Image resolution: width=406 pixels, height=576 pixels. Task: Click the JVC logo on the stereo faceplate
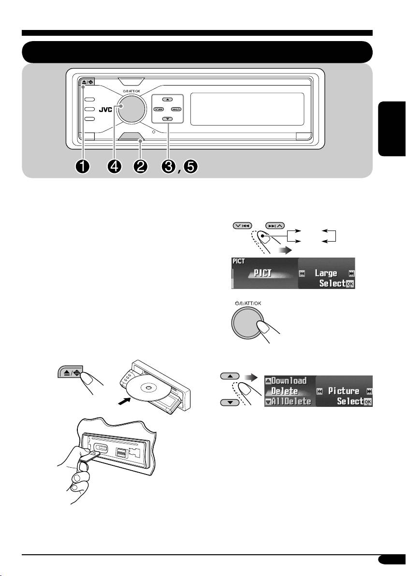pos(105,110)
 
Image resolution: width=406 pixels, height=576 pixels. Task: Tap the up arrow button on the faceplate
pos(168,100)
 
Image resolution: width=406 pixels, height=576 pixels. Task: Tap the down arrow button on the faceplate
pos(168,119)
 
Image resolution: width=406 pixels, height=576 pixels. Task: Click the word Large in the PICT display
pos(326,274)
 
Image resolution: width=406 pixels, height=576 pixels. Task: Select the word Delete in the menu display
pos(284,391)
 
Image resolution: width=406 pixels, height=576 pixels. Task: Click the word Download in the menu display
pos(289,381)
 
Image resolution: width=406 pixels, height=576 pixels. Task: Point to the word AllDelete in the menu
pos(291,402)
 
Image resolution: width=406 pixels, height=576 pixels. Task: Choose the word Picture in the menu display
pos(344,391)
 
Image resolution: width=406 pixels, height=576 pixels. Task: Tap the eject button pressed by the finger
pos(71,372)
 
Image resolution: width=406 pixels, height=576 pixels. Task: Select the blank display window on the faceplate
pos(247,109)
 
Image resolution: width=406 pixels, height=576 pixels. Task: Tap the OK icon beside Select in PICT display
pos(350,284)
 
